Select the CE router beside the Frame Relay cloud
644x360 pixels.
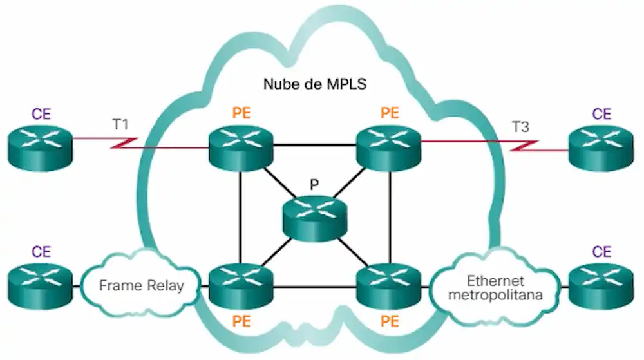(41, 283)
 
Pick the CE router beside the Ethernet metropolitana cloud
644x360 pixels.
(601, 283)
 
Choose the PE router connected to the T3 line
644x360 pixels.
(389, 147)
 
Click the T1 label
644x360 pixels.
(121, 124)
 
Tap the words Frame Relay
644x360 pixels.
(140, 285)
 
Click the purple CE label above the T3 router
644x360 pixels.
(601, 115)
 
